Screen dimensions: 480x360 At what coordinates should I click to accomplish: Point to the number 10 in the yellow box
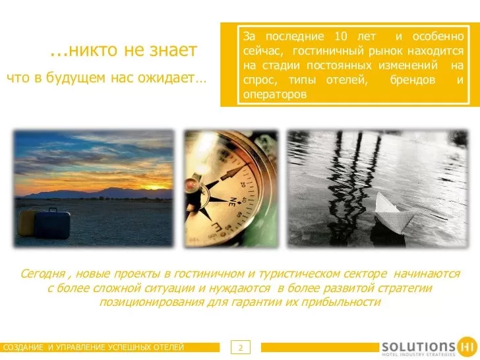point(341,36)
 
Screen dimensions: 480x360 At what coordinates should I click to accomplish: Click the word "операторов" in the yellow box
point(274,94)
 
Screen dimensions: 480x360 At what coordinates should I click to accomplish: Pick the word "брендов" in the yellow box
point(412,80)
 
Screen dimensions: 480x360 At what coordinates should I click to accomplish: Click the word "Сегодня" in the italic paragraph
point(43,274)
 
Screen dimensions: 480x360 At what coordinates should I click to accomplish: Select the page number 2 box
point(241,347)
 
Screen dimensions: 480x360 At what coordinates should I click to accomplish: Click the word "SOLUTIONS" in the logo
point(418,347)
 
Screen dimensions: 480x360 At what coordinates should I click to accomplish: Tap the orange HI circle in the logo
point(467,347)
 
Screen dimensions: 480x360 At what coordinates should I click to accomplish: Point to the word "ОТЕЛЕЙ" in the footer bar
point(169,347)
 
